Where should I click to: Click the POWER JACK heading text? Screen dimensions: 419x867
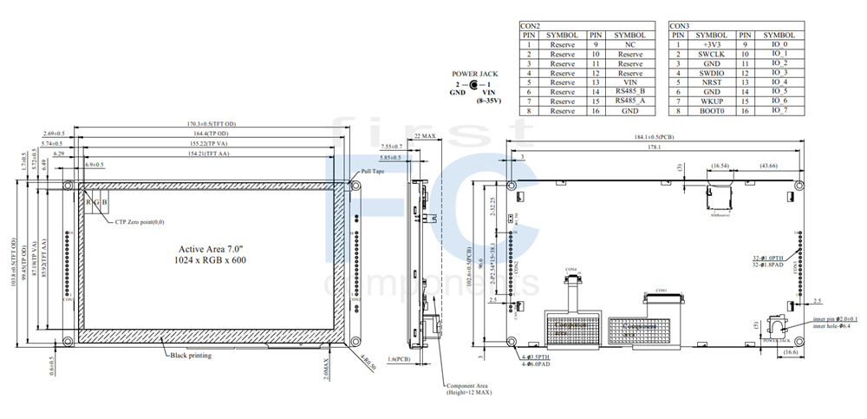[474, 75]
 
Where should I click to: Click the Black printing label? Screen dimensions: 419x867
[191, 355]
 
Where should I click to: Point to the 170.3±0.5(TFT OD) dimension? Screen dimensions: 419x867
[207, 124]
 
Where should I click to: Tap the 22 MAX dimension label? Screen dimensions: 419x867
[425, 137]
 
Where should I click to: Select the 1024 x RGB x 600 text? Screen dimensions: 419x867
[209, 259]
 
